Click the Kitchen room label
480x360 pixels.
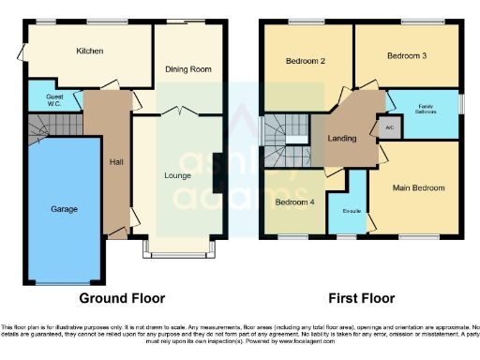pyautogui.click(x=90, y=51)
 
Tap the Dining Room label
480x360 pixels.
pyautogui.click(x=188, y=69)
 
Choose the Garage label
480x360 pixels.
pyautogui.click(x=64, y=209)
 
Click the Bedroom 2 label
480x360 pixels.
pyautogui.click(x=305, y=62)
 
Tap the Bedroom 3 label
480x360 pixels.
pyautogui.click(x=407, y=56)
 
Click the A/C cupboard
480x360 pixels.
pyautogui.click(x=389, y=127)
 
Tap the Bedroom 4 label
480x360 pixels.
pyautogui.click(x=293, y=202)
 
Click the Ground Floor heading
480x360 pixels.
pyautogui.click(x=122, y=298)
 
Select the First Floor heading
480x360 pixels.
pyautogui.click(x=360, y=298)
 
